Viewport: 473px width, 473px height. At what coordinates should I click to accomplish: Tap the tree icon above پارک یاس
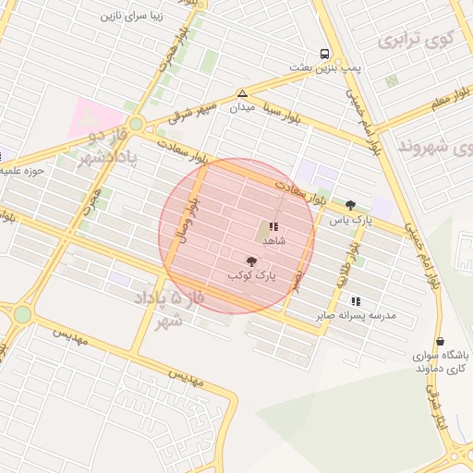[x=350, y=205]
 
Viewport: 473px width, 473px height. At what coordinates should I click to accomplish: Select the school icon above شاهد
[x=273, y=226]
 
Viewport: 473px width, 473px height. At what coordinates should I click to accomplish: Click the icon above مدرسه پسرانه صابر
[x=356, y=301]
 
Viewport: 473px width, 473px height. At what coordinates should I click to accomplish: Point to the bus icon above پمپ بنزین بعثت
[x=324, y=54]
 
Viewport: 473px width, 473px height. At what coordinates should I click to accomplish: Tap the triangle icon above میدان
[x=242, y=93]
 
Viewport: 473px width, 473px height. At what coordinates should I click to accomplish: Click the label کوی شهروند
[x=435, y=146]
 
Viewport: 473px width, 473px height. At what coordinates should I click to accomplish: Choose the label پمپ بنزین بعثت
[x=323, y=67]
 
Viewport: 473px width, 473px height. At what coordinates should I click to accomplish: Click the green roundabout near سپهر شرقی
[x=137, y=123]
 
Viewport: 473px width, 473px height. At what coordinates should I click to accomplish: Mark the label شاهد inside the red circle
[x=274, y=240]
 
